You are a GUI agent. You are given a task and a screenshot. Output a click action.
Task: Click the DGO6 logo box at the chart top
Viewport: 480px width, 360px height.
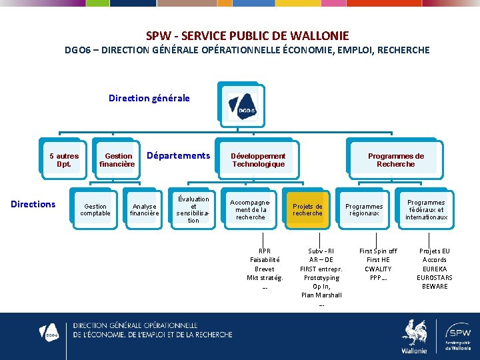(241, 103)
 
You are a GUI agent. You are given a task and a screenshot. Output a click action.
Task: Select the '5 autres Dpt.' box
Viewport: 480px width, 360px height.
(64, 160)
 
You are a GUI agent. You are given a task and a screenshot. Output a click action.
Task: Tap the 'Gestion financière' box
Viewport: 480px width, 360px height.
(117, 160)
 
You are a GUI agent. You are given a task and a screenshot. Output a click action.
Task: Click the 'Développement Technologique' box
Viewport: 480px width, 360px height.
(258, 160)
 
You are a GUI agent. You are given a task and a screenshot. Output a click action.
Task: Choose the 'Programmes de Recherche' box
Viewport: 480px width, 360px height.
(395, 160)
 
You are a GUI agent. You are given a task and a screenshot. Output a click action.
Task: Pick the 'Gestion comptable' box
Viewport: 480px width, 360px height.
(95, 210)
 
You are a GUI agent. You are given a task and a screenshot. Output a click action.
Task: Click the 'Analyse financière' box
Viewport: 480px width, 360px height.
(144, 210)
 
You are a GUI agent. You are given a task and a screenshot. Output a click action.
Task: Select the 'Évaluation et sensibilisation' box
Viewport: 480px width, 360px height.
(193, 209)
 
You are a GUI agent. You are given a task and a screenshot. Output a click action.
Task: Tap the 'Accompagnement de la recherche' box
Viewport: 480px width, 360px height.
(251, 209)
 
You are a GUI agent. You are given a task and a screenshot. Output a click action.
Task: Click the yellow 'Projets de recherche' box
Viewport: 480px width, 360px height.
(307, 210)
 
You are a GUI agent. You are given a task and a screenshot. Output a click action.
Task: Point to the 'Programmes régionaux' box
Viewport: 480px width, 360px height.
(364, 210)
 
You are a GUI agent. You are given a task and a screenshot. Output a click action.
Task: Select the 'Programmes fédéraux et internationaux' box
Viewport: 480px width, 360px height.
(426, 210)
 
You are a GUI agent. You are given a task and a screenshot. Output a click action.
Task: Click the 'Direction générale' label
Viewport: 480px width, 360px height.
(149, 98)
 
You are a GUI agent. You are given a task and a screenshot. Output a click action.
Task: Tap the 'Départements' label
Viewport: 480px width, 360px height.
(178, 155)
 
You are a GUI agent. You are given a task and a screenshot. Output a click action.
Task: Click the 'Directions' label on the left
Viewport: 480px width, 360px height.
(33, 204)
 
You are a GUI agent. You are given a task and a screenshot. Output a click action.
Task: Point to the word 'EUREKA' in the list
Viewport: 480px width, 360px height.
(435, 269)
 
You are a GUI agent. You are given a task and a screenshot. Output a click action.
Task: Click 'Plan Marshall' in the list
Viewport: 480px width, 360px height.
(321, 295)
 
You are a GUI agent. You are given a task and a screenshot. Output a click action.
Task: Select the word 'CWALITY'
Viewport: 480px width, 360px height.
(378, 269)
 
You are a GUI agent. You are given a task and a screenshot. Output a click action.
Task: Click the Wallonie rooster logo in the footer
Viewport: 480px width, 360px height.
(414, 335)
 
